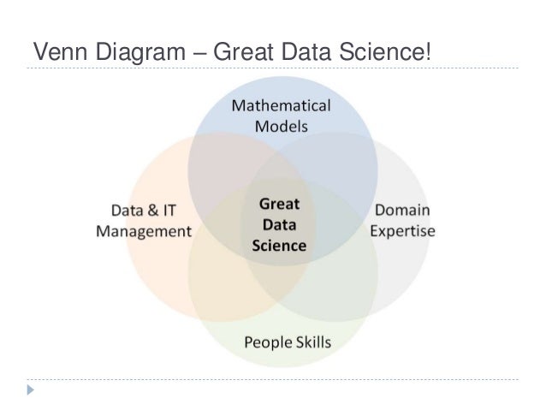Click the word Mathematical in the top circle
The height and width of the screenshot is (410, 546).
click(x=282, y=106)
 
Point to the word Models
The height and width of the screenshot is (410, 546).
click(x=282, y=125)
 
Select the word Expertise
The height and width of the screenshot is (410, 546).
click(x=402, y=230)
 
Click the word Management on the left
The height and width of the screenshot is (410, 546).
click(x=144, y=231)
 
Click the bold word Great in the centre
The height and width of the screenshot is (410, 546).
click(x=278, y=205)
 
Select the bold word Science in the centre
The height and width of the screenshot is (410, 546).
click(x=279, y=246)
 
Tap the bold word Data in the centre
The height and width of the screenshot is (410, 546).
click(x=278, y=225)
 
